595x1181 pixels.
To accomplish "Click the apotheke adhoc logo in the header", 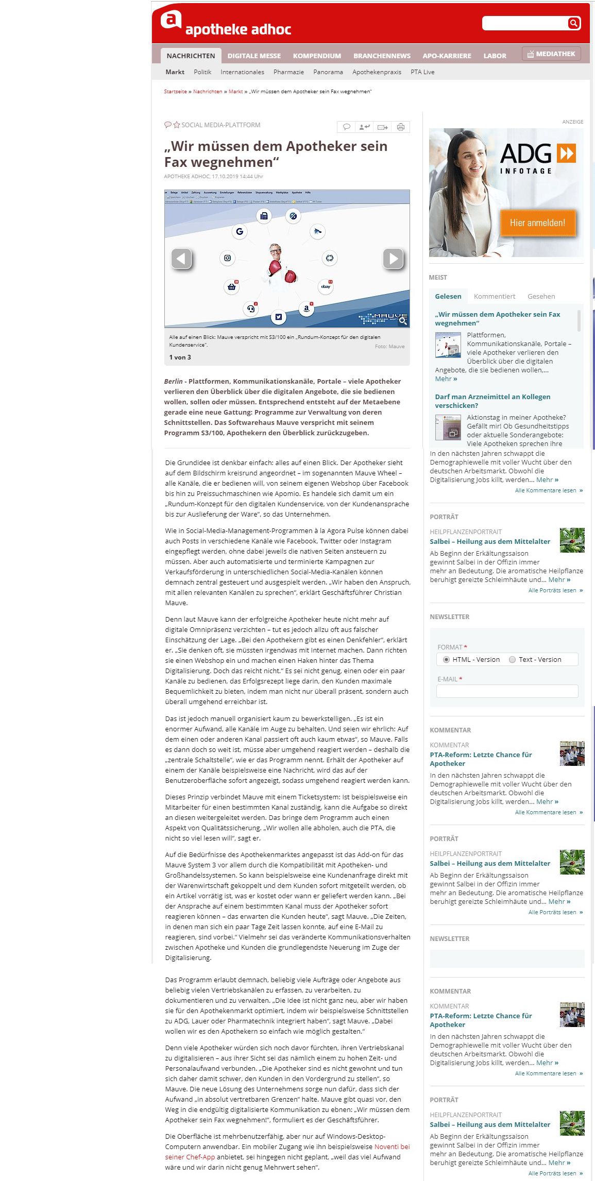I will pos(226,24).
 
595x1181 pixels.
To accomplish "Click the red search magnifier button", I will pos(573,23).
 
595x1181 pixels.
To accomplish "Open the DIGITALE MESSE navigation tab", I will pos(254,56).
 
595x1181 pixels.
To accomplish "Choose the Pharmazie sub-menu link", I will pos(288,72).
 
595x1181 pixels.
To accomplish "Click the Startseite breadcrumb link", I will pos(175,92).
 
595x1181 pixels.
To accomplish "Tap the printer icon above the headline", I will pos(401,127).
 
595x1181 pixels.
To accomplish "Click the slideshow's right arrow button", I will pos(393,259).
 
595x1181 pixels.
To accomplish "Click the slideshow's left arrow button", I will pos(181,259).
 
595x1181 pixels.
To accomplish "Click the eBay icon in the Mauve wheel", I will pos(326,286).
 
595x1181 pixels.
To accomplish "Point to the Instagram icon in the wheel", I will pos(227,258).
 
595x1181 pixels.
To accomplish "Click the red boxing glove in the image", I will pos(275,268).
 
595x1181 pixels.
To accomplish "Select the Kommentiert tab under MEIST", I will pos(494,296).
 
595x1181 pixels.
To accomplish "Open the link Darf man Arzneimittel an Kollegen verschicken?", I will pos(492,401).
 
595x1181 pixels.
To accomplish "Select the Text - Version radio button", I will pos(512,659).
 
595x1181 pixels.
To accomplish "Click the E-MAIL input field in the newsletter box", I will pos(507,691).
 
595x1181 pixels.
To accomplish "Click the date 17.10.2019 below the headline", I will pos(225,176).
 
